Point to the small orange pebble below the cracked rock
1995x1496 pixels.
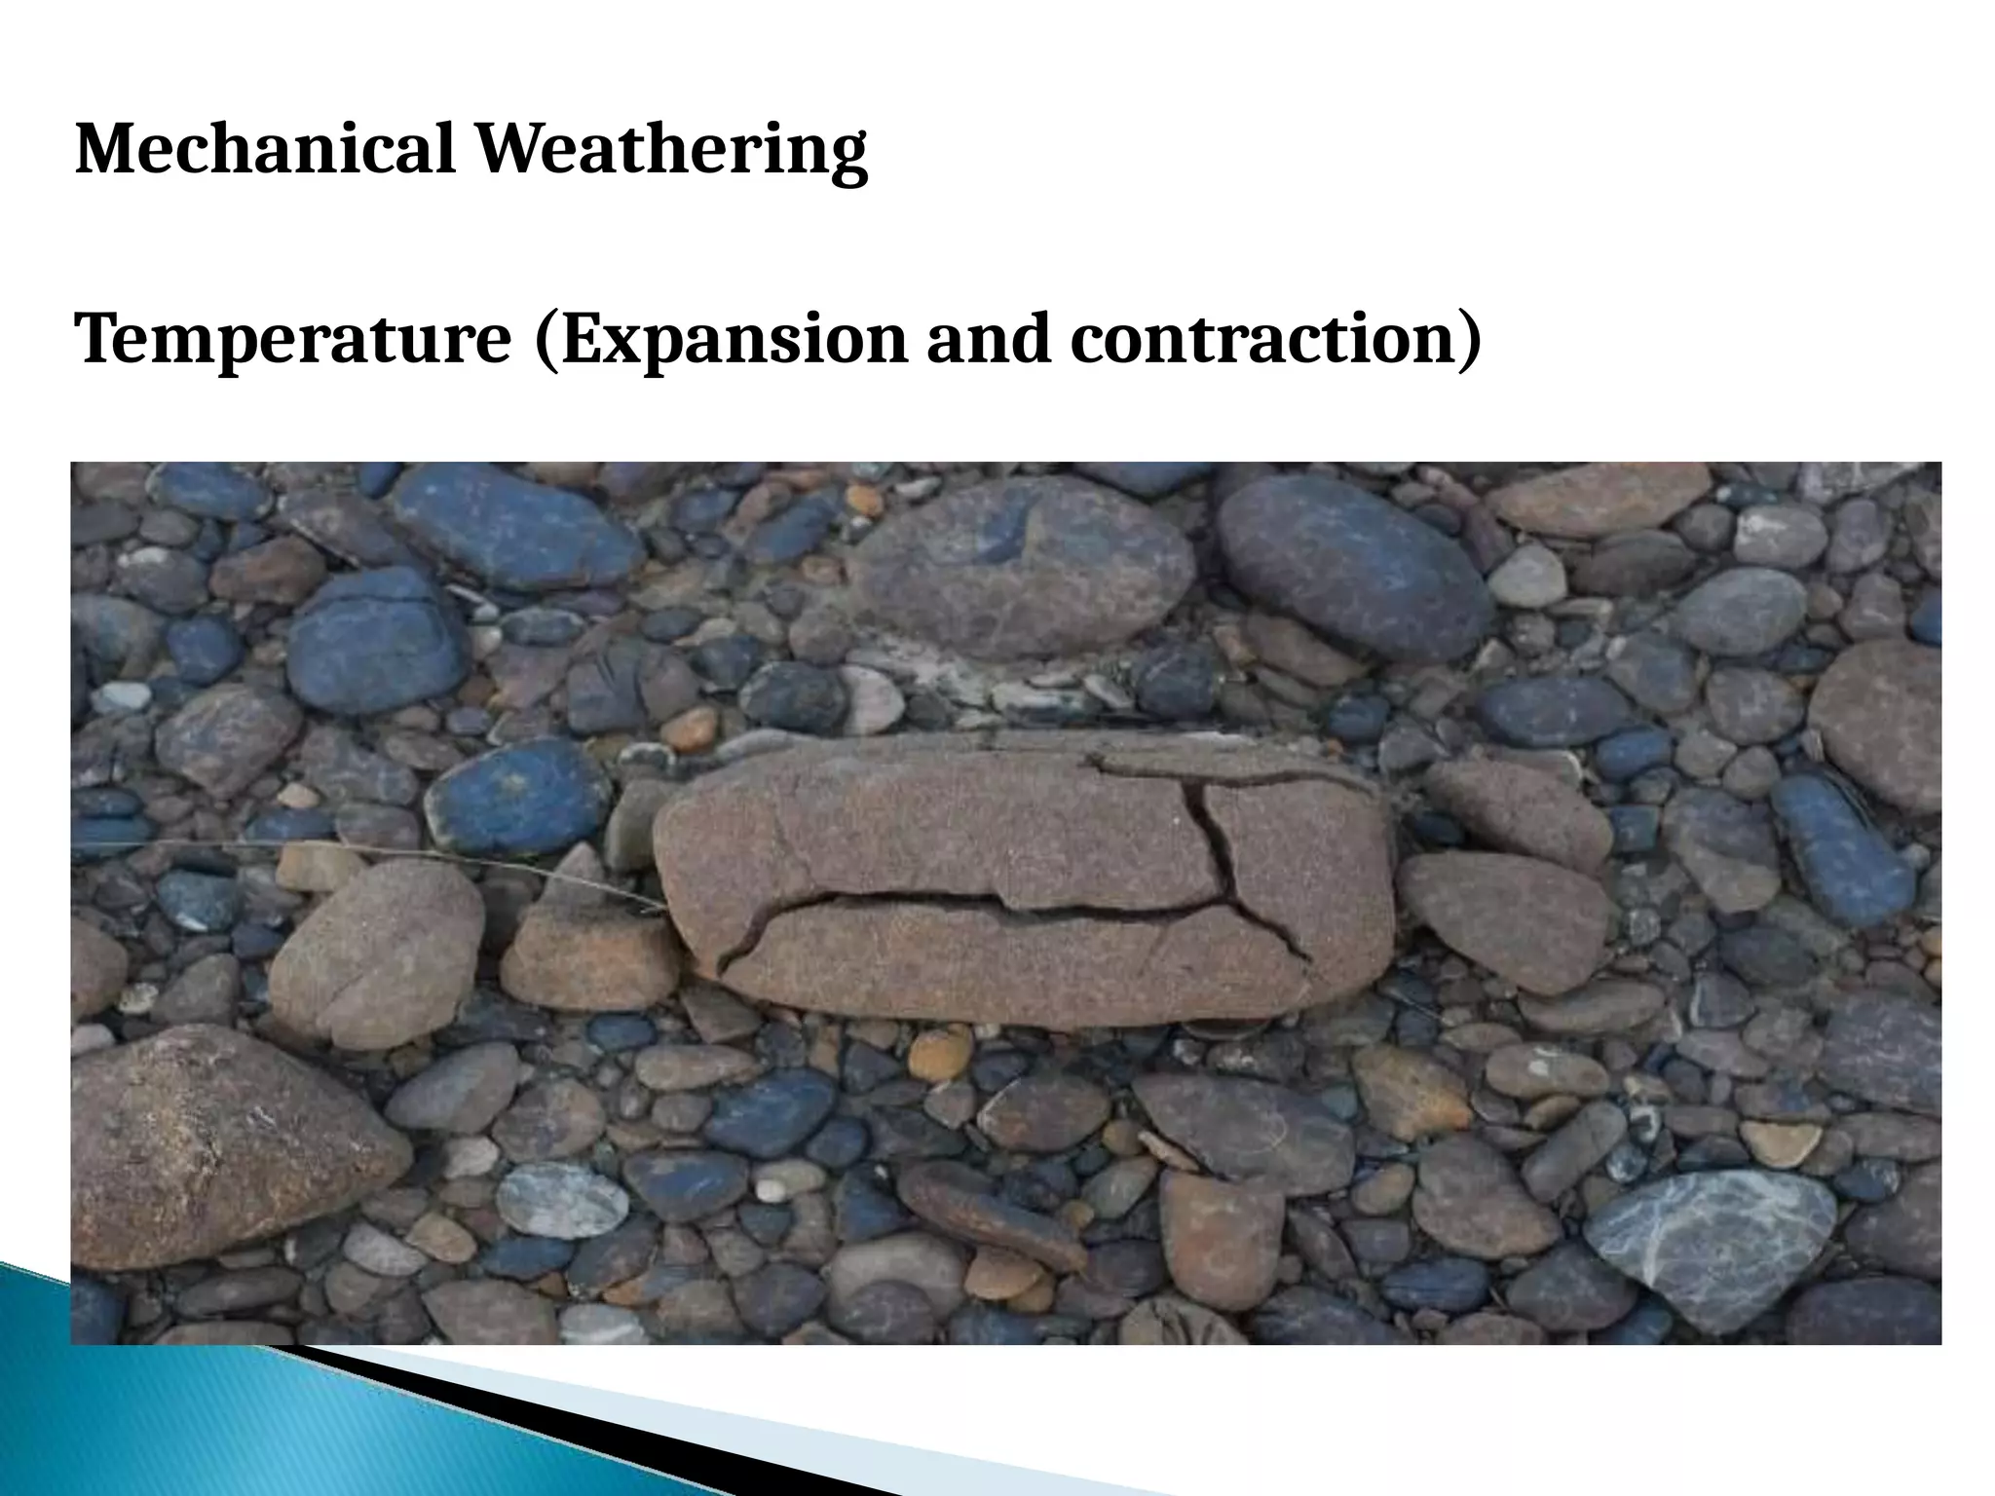pos(939,1054)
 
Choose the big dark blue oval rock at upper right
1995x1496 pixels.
pos(1354,565)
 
